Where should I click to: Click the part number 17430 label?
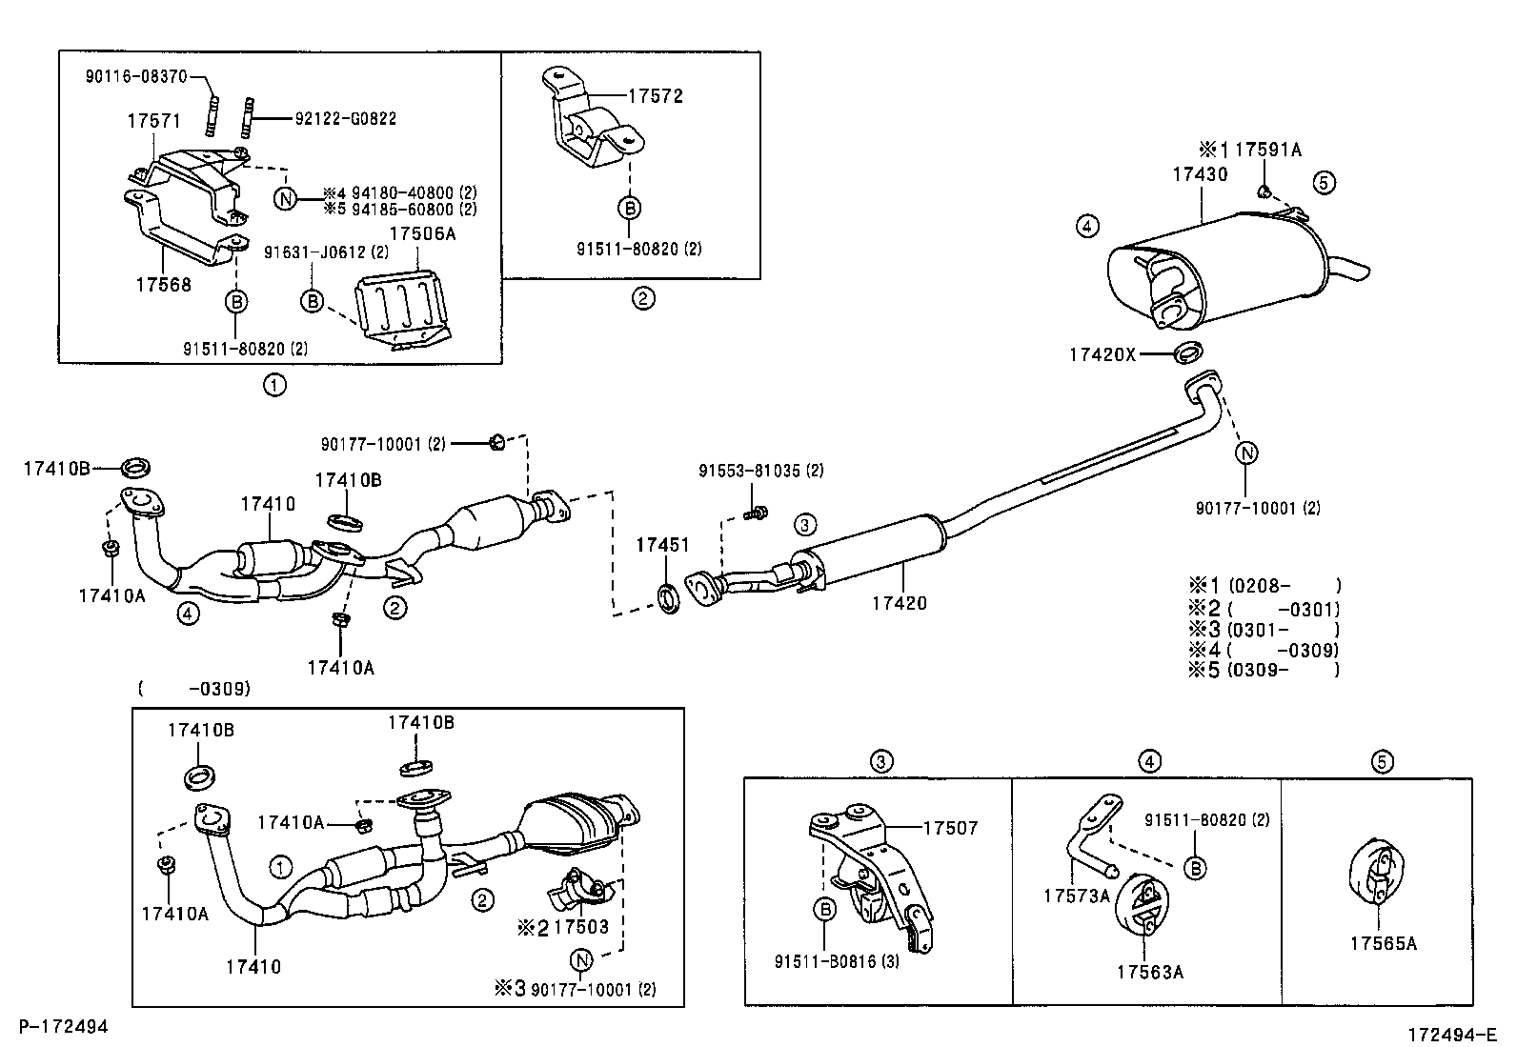[x=1199, y=174]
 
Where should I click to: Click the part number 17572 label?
[x=656, y=96]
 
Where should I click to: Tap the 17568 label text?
[x=163, y=284]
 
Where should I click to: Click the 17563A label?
[x=1149, y=972]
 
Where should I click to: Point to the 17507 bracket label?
[x=950, y=829]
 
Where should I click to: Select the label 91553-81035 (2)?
[x=760, y=471]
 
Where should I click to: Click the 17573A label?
[x=1077, y=896]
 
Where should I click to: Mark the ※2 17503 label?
[x=562, y=926]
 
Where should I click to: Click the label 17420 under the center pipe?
[x=900, y=602]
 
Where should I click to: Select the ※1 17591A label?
[x=1250, y=150]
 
